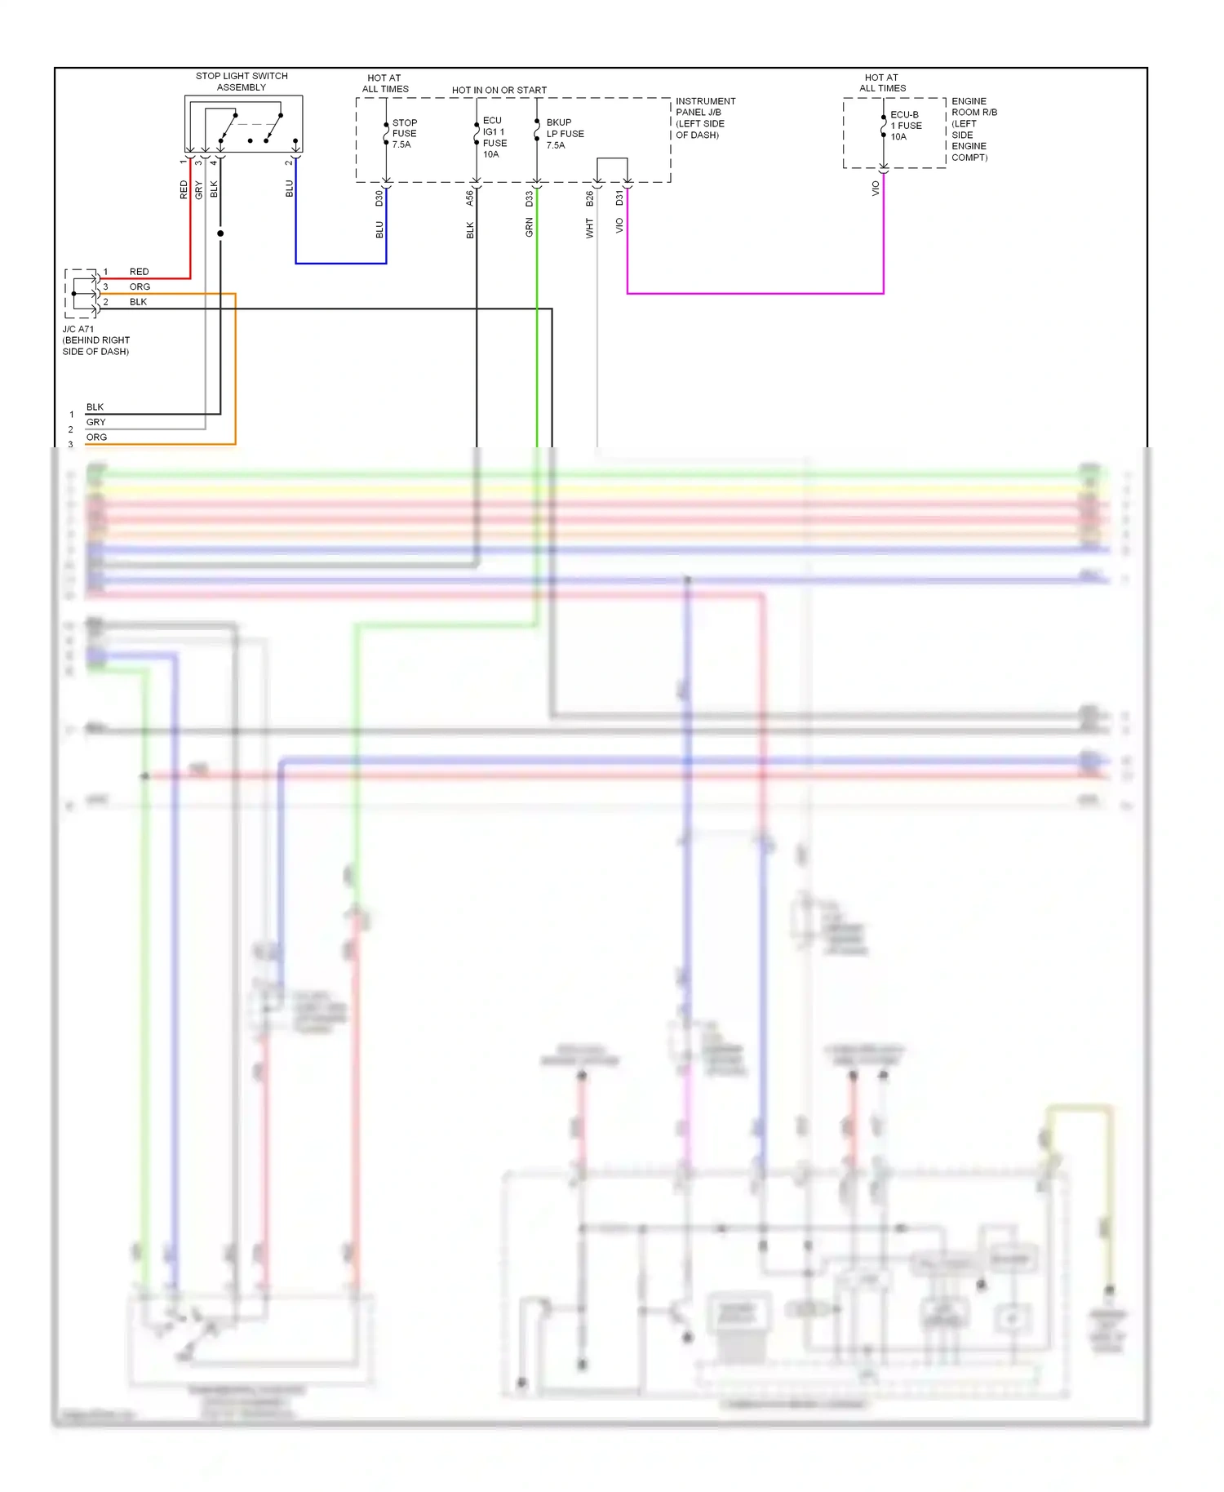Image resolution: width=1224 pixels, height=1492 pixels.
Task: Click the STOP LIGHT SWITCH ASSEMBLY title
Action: click(242, 82)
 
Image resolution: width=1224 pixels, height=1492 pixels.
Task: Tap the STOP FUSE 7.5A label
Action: click(404, 134)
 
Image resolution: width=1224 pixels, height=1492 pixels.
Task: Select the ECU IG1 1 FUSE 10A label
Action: click(494, 137)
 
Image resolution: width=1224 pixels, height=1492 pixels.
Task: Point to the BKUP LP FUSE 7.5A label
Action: click(565, 134)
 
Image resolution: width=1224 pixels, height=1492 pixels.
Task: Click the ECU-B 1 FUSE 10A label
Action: click(905, 126)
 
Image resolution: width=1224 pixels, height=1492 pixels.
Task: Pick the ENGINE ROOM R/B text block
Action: click(973, 129)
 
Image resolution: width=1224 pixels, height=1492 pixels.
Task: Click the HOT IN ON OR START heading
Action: click(499, 91)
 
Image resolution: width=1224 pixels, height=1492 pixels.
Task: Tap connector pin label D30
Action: click(379, 198)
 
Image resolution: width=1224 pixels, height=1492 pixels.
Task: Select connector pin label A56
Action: click(469, 198)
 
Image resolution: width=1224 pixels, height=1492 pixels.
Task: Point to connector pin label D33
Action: click(529, 198)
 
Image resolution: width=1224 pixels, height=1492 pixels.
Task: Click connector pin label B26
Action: click(589, 198)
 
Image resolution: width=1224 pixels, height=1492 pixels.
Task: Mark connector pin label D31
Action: click(619, 198)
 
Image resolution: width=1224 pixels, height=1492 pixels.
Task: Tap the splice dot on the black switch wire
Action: click(220, 233)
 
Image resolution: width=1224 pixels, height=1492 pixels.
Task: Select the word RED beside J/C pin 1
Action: click(139, 272)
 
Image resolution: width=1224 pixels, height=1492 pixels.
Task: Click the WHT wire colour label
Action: click(589, 229)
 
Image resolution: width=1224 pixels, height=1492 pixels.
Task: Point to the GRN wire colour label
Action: click(529, 228)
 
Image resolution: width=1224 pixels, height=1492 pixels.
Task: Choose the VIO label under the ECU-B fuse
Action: click(876, 189)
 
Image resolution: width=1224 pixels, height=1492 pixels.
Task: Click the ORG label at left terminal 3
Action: click(96, 437)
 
